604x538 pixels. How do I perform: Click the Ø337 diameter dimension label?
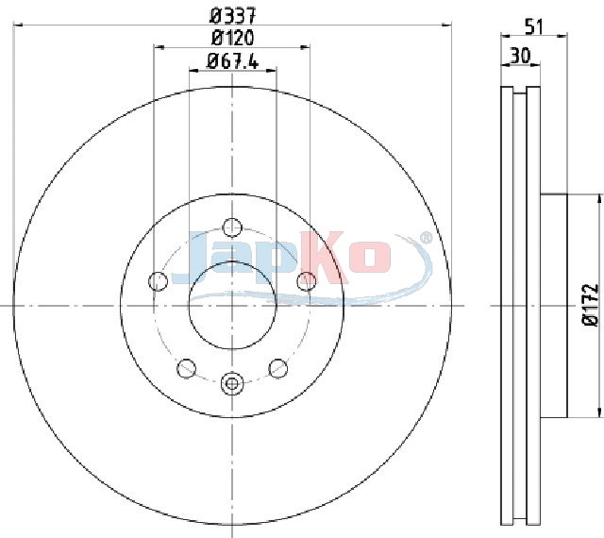point(233,16)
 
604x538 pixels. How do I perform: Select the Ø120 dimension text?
point(233,38)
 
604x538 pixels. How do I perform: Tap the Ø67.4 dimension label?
point(233,61)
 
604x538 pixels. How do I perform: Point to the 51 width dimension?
point(534,27)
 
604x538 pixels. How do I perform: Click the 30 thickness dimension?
point(520,56)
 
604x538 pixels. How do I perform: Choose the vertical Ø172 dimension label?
point(591,306)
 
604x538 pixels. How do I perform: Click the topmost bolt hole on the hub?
point(232,227)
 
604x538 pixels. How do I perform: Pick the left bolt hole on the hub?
point(158,280)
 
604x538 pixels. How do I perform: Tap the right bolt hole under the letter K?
point(307,280)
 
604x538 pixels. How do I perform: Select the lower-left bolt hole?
point(187,368)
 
